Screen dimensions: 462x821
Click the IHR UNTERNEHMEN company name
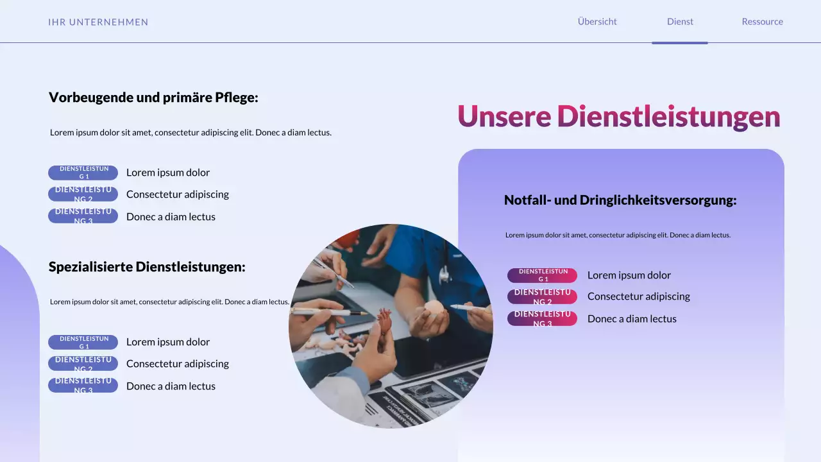98,22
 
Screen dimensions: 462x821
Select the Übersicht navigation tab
597,21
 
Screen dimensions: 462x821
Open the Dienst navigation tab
680,21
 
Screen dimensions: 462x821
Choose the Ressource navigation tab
762,21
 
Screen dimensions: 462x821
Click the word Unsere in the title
504,117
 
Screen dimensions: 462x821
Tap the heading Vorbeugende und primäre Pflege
153,98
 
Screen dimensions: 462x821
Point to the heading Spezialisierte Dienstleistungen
147,267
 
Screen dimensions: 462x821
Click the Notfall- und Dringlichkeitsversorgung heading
620,200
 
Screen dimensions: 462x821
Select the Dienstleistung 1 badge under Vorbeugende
83,173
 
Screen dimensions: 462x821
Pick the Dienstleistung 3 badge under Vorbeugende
83,216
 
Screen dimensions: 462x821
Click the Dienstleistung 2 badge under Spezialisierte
83,364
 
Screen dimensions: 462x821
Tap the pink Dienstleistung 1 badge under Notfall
543,275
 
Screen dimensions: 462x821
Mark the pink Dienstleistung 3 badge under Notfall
543,318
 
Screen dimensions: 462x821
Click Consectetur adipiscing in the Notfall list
638,296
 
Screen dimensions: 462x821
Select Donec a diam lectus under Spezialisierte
171,386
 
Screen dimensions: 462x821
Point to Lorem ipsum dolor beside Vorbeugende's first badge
168,173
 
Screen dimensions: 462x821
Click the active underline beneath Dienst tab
680,43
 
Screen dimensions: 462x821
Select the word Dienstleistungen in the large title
668,117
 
